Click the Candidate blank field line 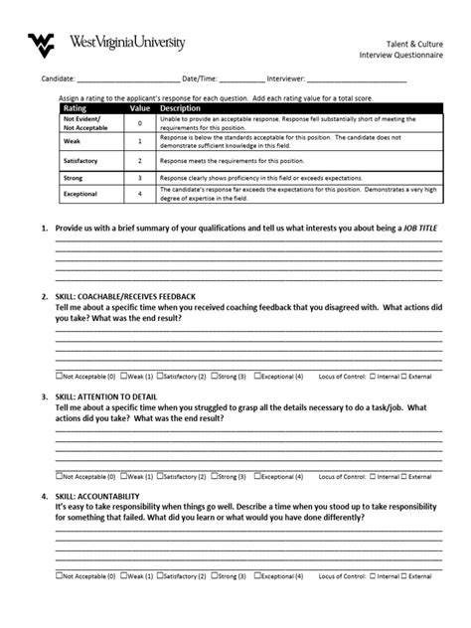(128, 80)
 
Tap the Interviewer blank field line (357, 80)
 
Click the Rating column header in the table (76, 108)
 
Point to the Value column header (139, 108)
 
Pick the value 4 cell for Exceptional (140, 193)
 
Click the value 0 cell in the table (140, 122)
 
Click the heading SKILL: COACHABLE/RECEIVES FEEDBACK (118, 297)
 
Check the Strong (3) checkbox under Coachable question (214, 377)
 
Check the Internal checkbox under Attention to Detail (373, 475)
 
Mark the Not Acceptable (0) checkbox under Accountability (59, 574)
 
